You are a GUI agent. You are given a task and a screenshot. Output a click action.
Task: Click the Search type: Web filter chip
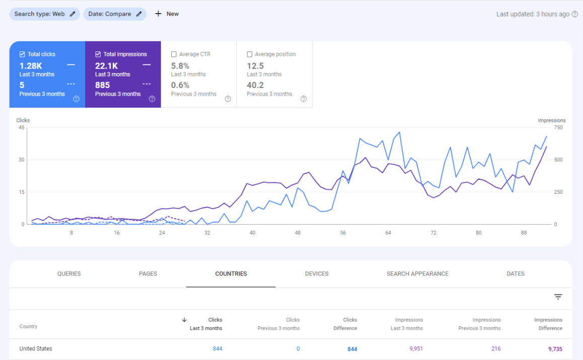coord(45,14)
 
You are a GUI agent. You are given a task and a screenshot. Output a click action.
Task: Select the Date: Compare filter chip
coord(115,14)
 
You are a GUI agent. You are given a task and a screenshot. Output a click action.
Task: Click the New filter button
coord(167,14)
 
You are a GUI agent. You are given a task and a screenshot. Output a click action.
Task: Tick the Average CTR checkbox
coord(174,54)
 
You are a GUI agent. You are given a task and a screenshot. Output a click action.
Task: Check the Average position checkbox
coord(250,54)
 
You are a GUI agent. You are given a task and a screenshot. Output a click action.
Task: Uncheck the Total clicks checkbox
coord(22,54)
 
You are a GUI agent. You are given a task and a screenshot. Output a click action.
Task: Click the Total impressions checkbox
coord(98,54)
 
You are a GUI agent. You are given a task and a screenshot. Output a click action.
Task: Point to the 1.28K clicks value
coord(31,66)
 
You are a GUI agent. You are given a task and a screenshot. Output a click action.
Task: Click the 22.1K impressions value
coord(106,66)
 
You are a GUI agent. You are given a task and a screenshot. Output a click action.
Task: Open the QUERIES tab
coord(69,274)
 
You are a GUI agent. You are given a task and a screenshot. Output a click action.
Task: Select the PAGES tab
coord(148,274)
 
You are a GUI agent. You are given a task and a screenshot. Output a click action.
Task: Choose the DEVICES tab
coord(317,274)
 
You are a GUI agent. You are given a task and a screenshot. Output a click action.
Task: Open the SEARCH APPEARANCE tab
coord(417,274)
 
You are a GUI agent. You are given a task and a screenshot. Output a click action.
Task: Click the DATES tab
coord(516,274)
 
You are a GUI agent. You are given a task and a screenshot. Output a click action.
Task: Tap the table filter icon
coord(558,297)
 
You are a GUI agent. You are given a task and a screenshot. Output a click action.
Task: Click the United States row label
coord(36,349)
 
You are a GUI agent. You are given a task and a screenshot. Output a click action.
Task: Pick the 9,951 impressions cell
coord(416,349)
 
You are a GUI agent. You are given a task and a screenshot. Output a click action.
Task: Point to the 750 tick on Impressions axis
coord(558,127)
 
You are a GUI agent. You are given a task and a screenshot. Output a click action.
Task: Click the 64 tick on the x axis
coord(388,233)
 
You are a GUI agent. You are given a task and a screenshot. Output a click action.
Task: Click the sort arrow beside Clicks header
coord(184,320)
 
